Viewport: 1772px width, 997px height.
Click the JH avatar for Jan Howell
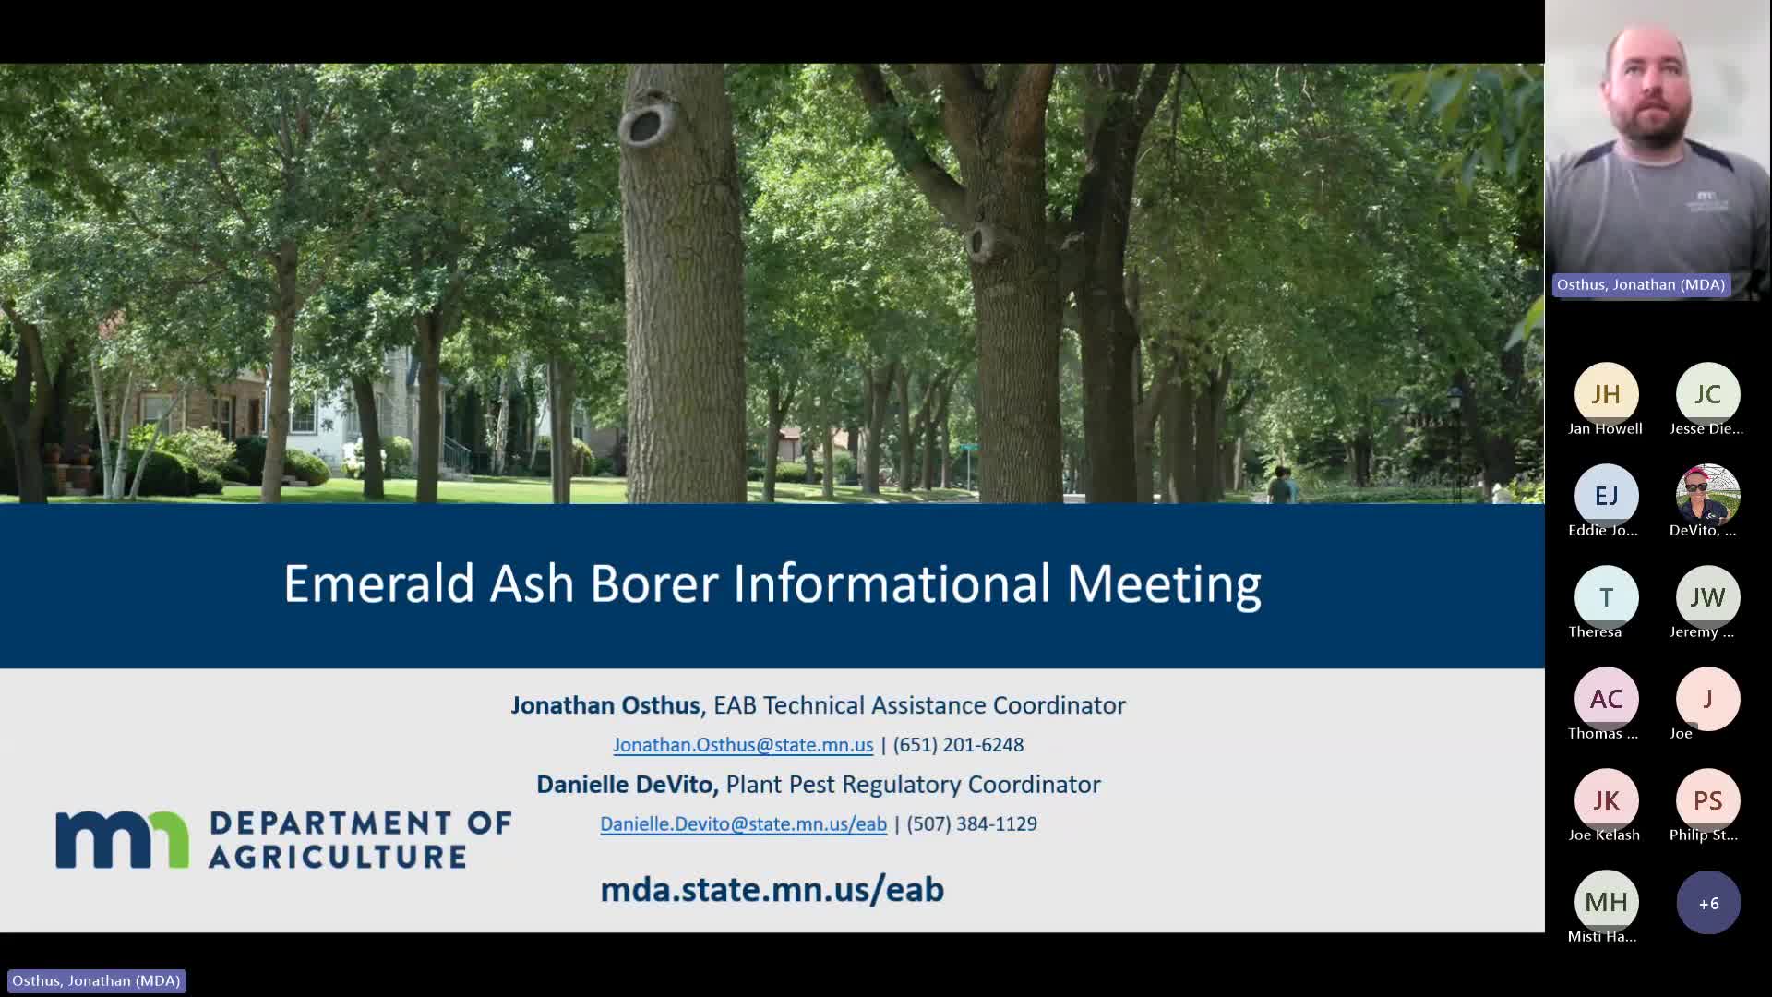coord(1606,394)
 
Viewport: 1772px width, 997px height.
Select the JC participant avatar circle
coord(1707,394)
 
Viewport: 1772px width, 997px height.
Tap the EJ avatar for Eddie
coord(1606,496)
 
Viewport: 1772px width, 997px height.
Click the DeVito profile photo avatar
coord(1707,496)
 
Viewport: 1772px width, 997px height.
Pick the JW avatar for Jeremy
coord(1707,597)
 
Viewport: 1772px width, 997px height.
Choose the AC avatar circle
coord(1606,699)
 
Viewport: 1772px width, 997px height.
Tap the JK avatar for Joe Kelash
coord(1606,800)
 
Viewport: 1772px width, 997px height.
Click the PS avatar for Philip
coord(1707,800)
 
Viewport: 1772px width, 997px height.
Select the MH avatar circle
coord(1606,902)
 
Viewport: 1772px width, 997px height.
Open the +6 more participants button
coord(1707,903)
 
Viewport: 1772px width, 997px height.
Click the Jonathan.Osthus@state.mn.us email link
coord(743,745)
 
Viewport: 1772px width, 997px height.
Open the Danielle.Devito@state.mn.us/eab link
coord(743,824)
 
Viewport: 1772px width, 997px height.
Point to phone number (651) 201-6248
coord(958,745)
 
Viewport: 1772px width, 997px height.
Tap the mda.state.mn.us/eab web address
coord(772,889)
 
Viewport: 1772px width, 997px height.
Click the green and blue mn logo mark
coord(122,839)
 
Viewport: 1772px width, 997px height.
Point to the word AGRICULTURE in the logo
coord(338,857)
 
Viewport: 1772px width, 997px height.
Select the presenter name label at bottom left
coord(96,980)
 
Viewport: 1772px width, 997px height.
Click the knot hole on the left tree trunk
coord(643,125)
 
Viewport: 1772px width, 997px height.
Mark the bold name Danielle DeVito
coord(627,785)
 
